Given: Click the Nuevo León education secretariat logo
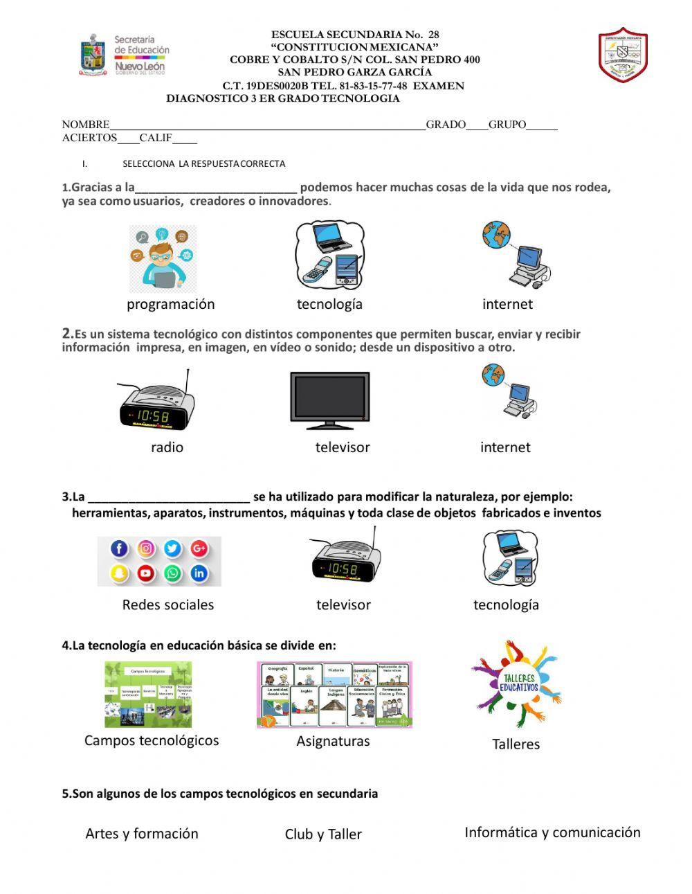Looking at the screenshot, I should pyautogui.click(x=125, y=55).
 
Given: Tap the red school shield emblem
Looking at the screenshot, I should pyautogui.click(x=623, y=55).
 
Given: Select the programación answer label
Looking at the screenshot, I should pyautogui.click(x=171, y=304).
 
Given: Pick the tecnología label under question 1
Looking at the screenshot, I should pyautogui.click(x=329, y=304).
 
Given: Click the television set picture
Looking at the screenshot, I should pyautogui.click(x=329, y=400).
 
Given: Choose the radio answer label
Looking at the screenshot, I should pyautogui.click(x=167, y=447).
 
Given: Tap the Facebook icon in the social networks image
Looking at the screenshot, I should pyautogui.click(x=120, y=549).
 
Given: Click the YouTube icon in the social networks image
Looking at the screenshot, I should pyautogui.click(x=145, y=573).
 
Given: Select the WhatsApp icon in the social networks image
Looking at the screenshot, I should pyautogui.click(x=172, y=573).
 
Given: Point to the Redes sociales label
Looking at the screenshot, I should pyautogui.click(x=168, y=605).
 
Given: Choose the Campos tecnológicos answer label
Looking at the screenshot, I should pyautogui.click(x=152, y=740).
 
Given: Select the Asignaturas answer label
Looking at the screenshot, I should pyautogui.click(x=333, y=741).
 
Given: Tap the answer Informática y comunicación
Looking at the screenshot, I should pyautogui.click(x=552, y=832).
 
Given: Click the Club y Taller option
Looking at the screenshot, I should pyautogui.click(x=323, y=834).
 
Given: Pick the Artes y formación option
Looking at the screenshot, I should pyautogui.click(x=142, y=833).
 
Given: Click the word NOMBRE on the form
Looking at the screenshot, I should pyautogui.click(x=86, y=125).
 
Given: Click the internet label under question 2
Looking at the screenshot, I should pyautogui.click(x=505, y=447).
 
